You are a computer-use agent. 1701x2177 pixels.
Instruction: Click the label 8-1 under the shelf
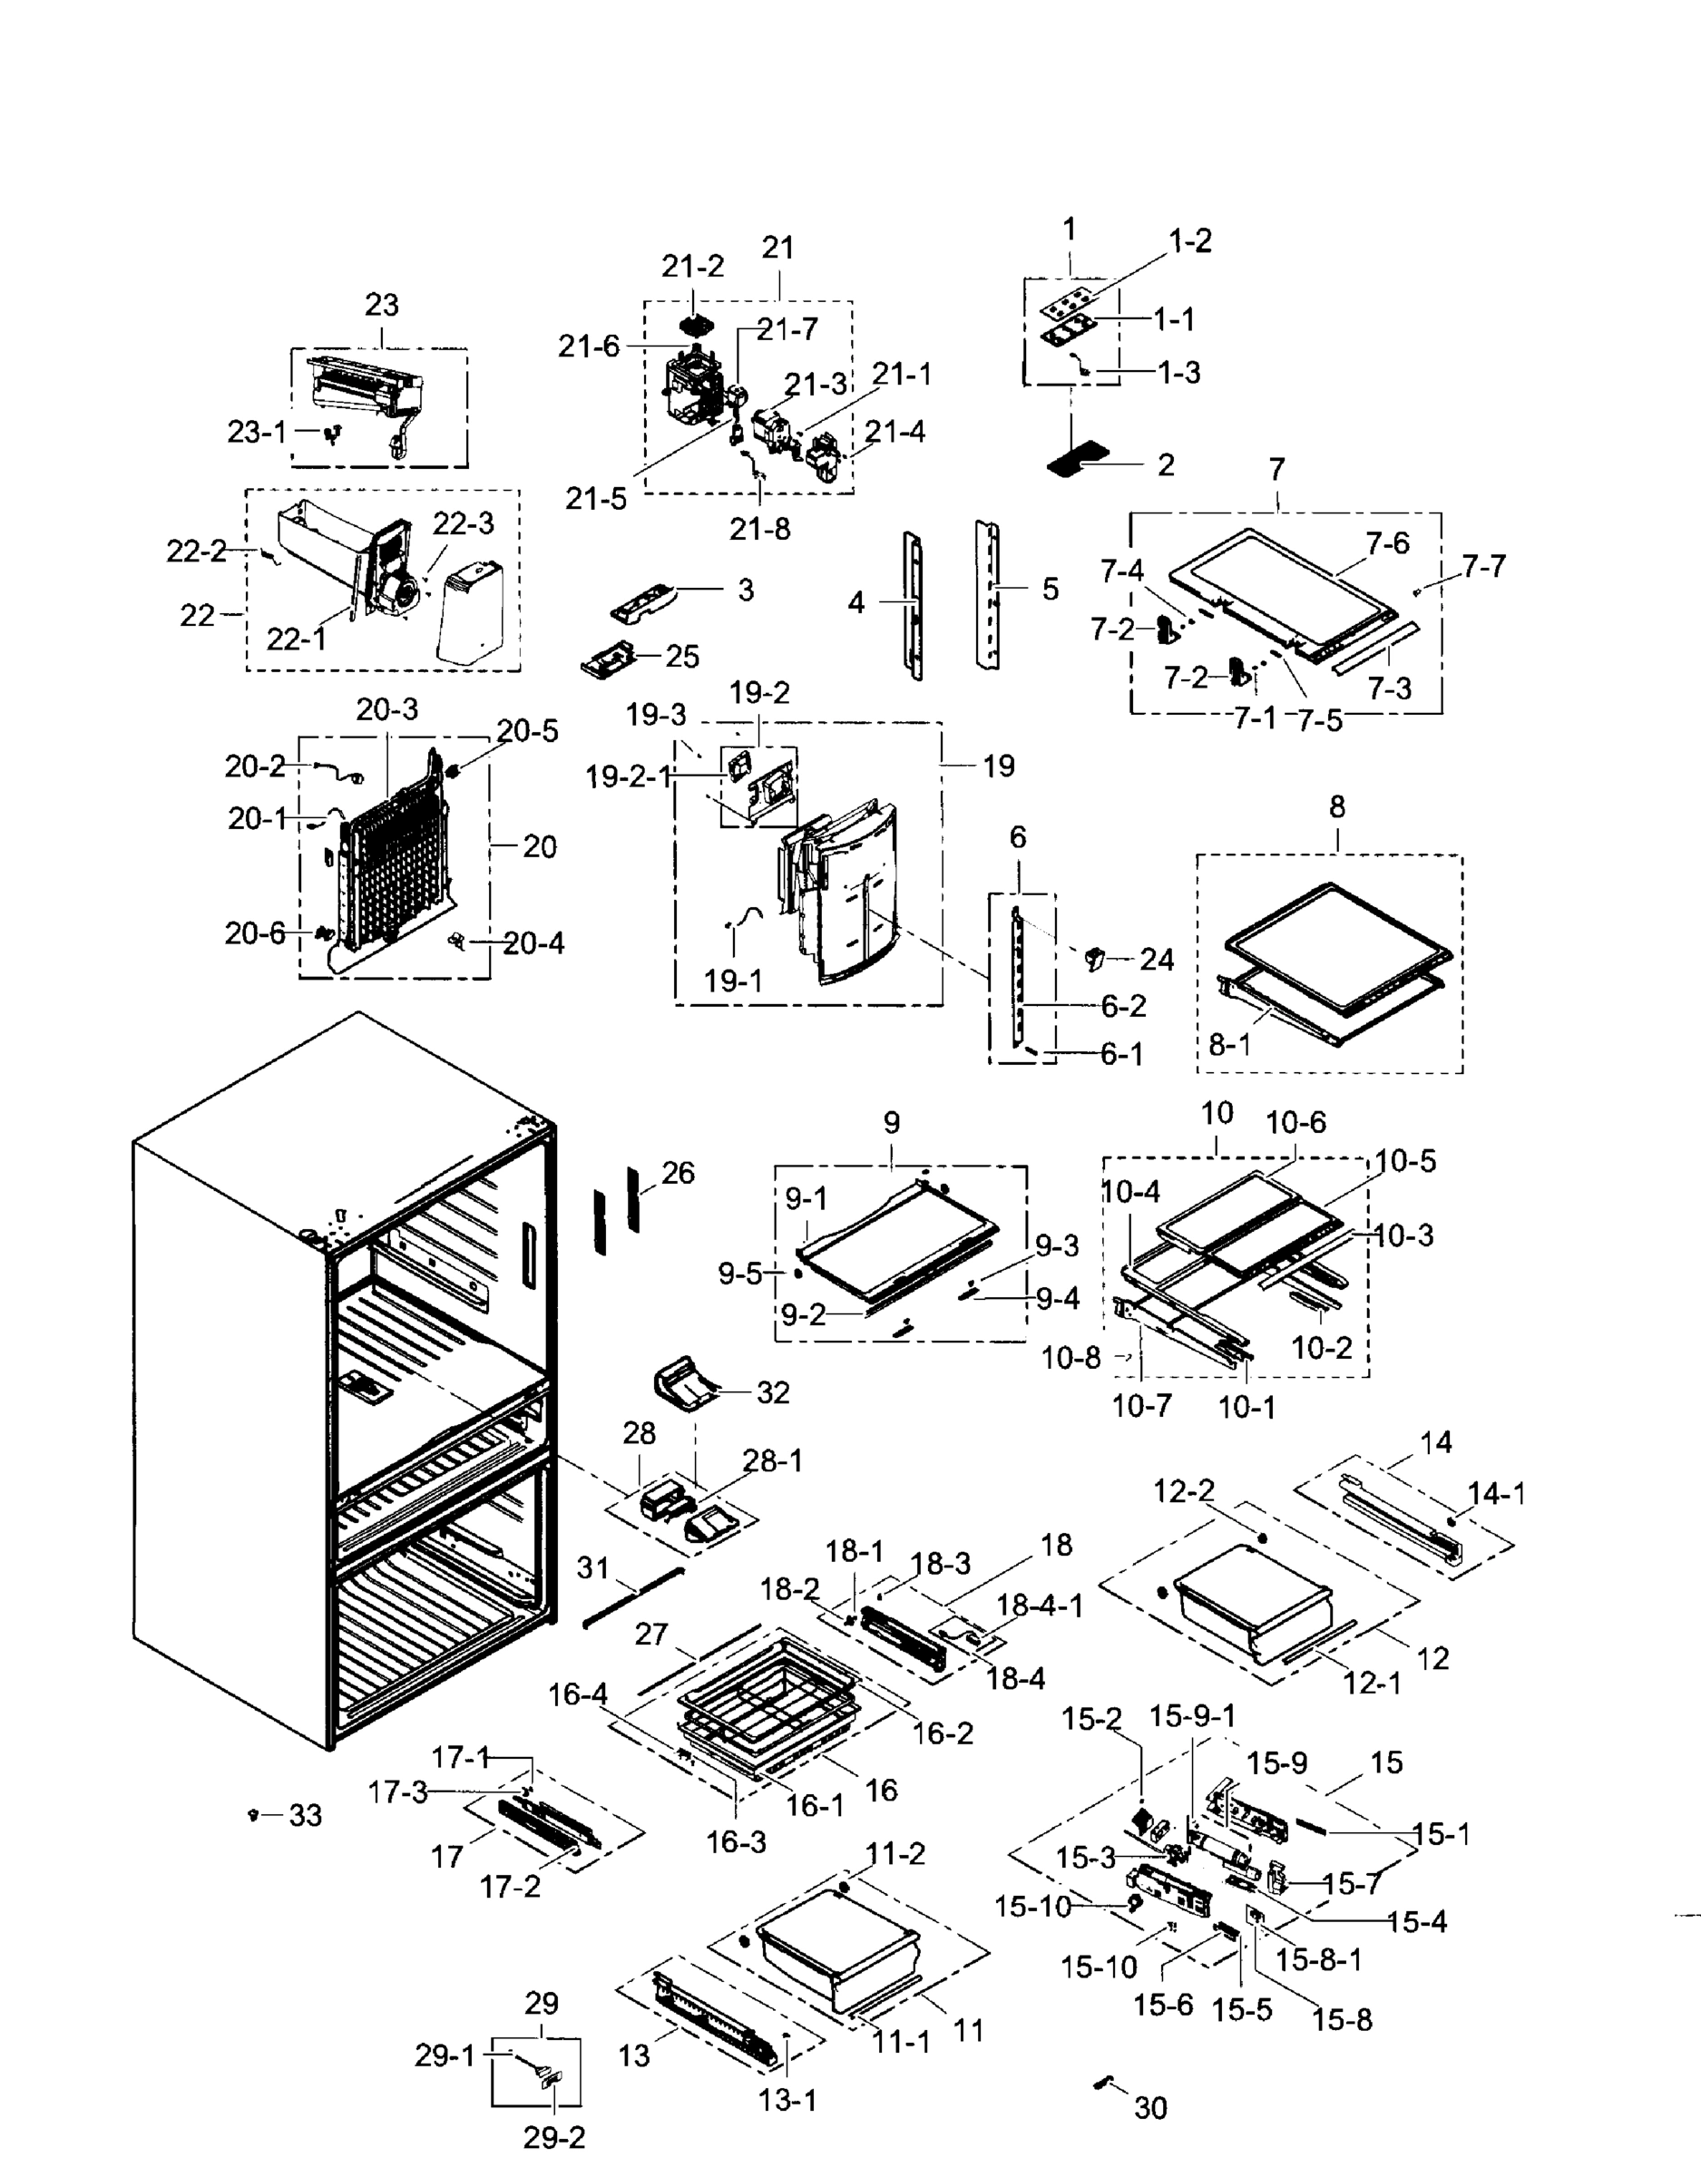point(1228,1044)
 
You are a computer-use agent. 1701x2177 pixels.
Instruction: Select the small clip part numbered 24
point(1095,958)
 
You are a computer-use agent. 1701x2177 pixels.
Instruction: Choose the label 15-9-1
point(1192,1715)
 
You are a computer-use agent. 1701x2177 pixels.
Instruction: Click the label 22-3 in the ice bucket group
point(463,523)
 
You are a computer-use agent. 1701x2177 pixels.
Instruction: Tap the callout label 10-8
point(1070,1357)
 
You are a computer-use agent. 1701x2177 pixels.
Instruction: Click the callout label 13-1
point(787,2100)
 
